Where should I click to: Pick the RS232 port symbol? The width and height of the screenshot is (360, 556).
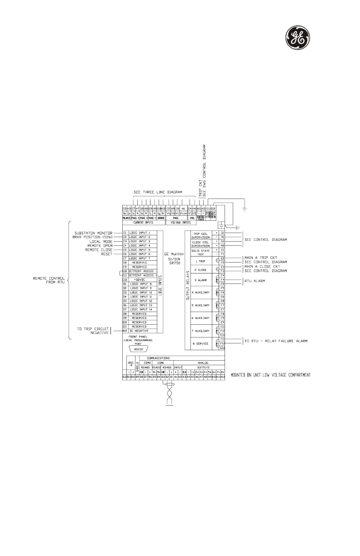(x=137, y=348)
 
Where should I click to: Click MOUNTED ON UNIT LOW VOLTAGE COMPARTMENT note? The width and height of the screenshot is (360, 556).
(x=270, y=375)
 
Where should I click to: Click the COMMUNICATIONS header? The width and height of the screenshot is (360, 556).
(x=169, y=357)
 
